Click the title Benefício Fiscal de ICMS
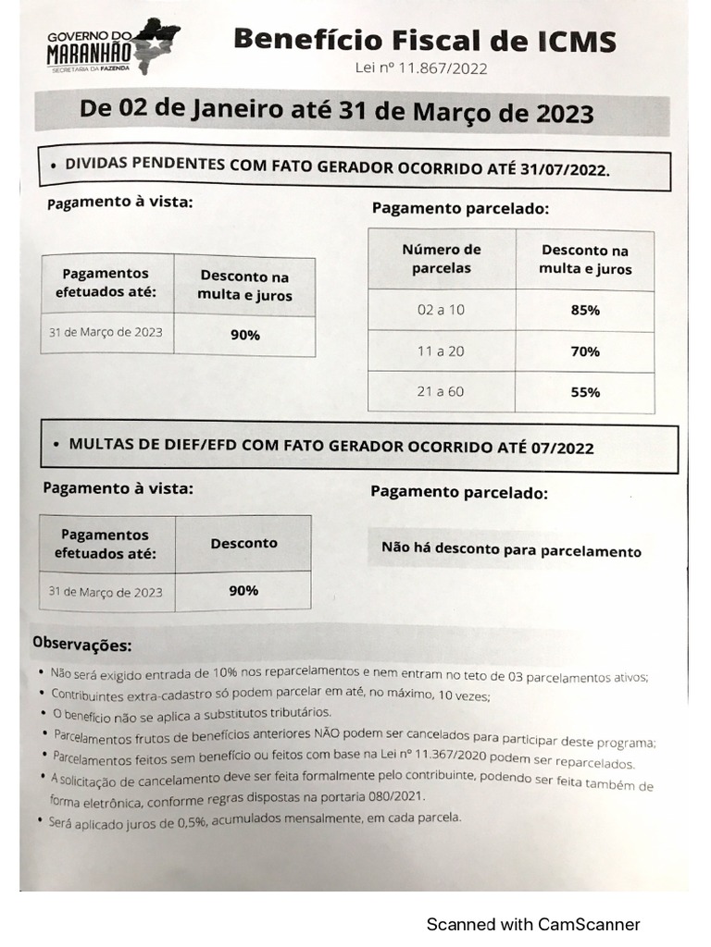tap(424, 40)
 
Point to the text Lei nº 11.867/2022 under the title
tap(421, 68)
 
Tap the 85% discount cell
tap(585, 310)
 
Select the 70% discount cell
tap(585, 351)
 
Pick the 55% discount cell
tap(585, 392)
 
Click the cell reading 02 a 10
tap(442, 310)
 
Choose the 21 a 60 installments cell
tap(442, 391)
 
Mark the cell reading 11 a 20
tap(442, 351)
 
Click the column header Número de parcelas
tap(442, 259)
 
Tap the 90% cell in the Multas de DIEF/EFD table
tap(243, 590)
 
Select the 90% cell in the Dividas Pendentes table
tap(245, 335)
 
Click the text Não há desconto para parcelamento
tap(511, 550)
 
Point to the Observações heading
tap(82, 643)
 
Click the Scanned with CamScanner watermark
tap(532, 924)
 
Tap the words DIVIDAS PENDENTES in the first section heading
tap(143, 164)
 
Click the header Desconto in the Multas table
tap(243, 543)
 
